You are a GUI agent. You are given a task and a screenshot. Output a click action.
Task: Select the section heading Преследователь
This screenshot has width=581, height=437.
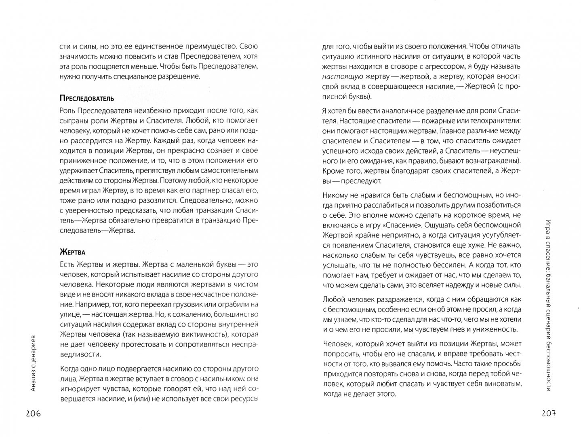point(86,98)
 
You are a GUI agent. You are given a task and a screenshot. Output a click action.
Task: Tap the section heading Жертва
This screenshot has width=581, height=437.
point(72,252)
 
